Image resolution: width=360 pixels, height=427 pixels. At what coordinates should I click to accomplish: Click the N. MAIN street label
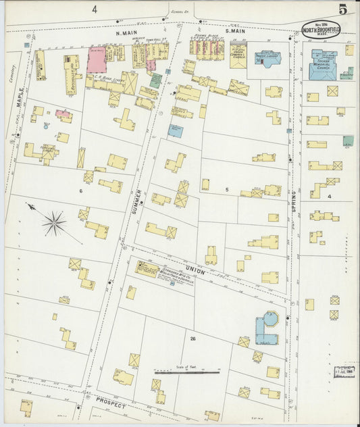pos(126,32)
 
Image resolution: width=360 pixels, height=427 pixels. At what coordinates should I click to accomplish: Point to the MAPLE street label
pos(20,98)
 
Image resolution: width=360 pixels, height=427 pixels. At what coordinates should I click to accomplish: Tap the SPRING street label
pos(294,202)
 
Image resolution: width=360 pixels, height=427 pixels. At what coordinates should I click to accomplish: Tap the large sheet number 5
pos(343,9)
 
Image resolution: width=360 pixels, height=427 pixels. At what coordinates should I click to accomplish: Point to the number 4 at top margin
pos(95,9)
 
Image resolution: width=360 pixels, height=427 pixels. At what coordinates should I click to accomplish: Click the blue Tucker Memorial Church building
pos(324,64)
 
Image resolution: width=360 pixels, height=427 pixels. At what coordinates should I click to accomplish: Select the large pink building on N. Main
pos(97,61)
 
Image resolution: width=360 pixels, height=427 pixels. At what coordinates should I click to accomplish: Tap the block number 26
pos(192,338)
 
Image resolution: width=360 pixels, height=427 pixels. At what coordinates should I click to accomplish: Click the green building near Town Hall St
pos(156,80)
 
